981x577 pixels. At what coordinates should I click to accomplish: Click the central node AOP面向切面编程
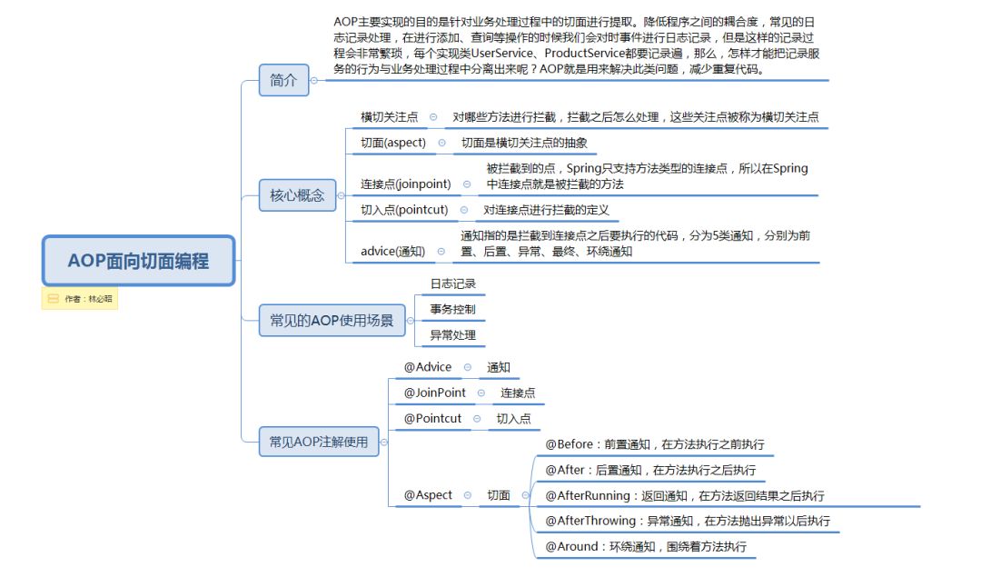(138, 261)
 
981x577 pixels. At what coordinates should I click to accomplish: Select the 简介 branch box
(283, 80)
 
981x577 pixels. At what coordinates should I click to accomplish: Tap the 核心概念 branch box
(296, 194)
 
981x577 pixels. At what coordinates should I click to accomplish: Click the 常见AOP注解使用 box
(318, 442)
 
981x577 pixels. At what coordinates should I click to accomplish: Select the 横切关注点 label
(389, 117)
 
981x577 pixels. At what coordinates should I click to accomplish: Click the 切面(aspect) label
(392, 143)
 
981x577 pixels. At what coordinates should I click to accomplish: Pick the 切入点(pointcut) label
(404, 210)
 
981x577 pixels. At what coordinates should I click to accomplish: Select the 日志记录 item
(452, 284)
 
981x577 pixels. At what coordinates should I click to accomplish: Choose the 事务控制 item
(452, 309)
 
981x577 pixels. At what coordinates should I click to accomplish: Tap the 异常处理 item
(452, 335)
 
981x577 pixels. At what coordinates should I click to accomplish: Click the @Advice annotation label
(427, 367)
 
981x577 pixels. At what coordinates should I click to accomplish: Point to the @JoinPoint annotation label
(434, 393)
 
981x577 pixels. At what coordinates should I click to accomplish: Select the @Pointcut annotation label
(432, 418)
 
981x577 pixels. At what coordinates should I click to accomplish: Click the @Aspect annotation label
(428, 495)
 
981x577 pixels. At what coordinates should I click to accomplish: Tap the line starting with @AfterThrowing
(687, 522)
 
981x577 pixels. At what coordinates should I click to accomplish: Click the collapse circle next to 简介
(314, 80)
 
